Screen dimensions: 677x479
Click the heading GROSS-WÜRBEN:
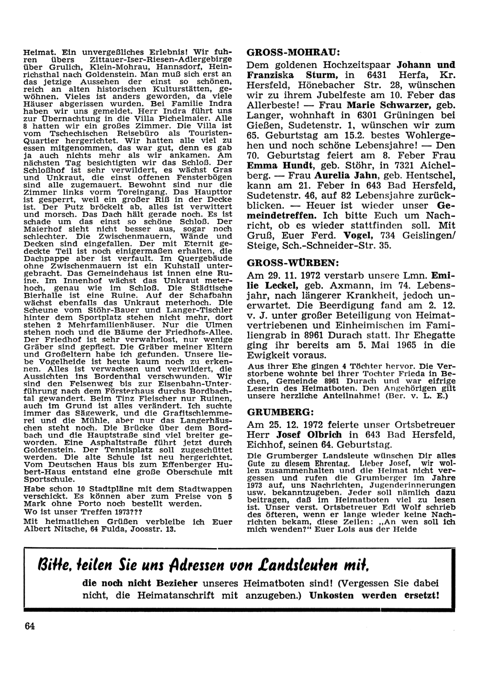293,263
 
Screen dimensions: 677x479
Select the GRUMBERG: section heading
280,411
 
